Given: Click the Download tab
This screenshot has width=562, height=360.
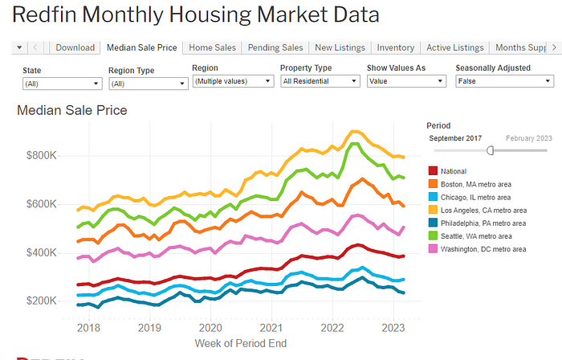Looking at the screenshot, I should (75, 48).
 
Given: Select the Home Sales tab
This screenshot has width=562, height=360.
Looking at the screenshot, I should (211, 48).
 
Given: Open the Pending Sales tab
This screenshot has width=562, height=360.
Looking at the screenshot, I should (275, 48).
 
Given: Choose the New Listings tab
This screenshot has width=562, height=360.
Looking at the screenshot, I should (340, 48).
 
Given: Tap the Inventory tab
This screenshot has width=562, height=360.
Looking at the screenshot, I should (395, 48).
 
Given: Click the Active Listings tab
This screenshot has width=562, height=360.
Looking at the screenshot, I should (455, 48).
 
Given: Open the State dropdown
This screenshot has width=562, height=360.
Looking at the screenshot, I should (61, 84).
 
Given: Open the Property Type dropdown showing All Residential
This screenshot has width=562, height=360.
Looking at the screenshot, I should (320, 81).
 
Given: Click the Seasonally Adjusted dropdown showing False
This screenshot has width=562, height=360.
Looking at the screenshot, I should (503, 81).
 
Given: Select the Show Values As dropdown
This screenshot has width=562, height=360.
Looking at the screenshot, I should (405, 81).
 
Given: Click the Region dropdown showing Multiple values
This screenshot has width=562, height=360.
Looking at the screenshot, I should (233, 81).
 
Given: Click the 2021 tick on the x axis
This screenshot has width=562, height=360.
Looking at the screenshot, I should (271, 328).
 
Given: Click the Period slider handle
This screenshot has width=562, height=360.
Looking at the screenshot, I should (491, 150).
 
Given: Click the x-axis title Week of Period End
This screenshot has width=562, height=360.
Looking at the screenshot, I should (240, 344).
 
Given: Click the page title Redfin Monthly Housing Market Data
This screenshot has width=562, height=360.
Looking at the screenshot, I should (197, 15).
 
